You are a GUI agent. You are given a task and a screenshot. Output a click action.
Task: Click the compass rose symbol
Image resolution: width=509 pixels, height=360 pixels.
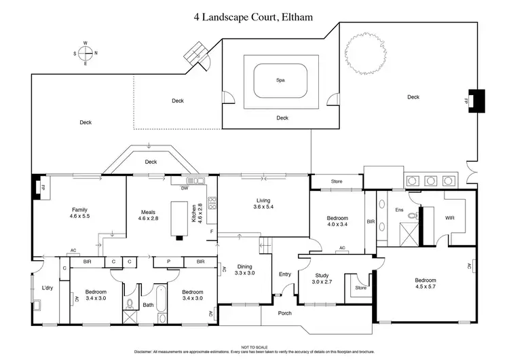coord(86,53)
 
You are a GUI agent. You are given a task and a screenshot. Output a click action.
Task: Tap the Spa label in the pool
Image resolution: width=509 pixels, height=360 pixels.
coord(280,80)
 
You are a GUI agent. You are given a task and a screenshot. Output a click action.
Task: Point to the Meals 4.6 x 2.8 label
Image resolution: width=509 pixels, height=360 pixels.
coord(148,215)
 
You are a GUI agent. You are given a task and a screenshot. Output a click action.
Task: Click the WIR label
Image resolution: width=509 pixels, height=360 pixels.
coord(449,218)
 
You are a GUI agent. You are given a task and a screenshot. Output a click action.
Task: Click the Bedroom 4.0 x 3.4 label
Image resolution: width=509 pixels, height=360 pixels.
coord(337,220)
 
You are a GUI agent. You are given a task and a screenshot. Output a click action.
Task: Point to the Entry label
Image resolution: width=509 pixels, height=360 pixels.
coord(285,274)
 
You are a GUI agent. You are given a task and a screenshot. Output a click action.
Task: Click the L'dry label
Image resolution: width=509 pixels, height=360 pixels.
coord(48,288)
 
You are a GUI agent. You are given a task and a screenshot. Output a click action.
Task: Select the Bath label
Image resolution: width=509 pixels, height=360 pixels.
coord(148,305)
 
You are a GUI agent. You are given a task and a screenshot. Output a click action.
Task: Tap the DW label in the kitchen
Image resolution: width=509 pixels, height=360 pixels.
coord(184,188)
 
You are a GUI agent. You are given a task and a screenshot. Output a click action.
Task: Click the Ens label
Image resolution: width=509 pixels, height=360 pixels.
coord(399,210)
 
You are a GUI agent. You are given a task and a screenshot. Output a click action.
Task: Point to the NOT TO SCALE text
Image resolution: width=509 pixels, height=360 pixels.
coord(254,347)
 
